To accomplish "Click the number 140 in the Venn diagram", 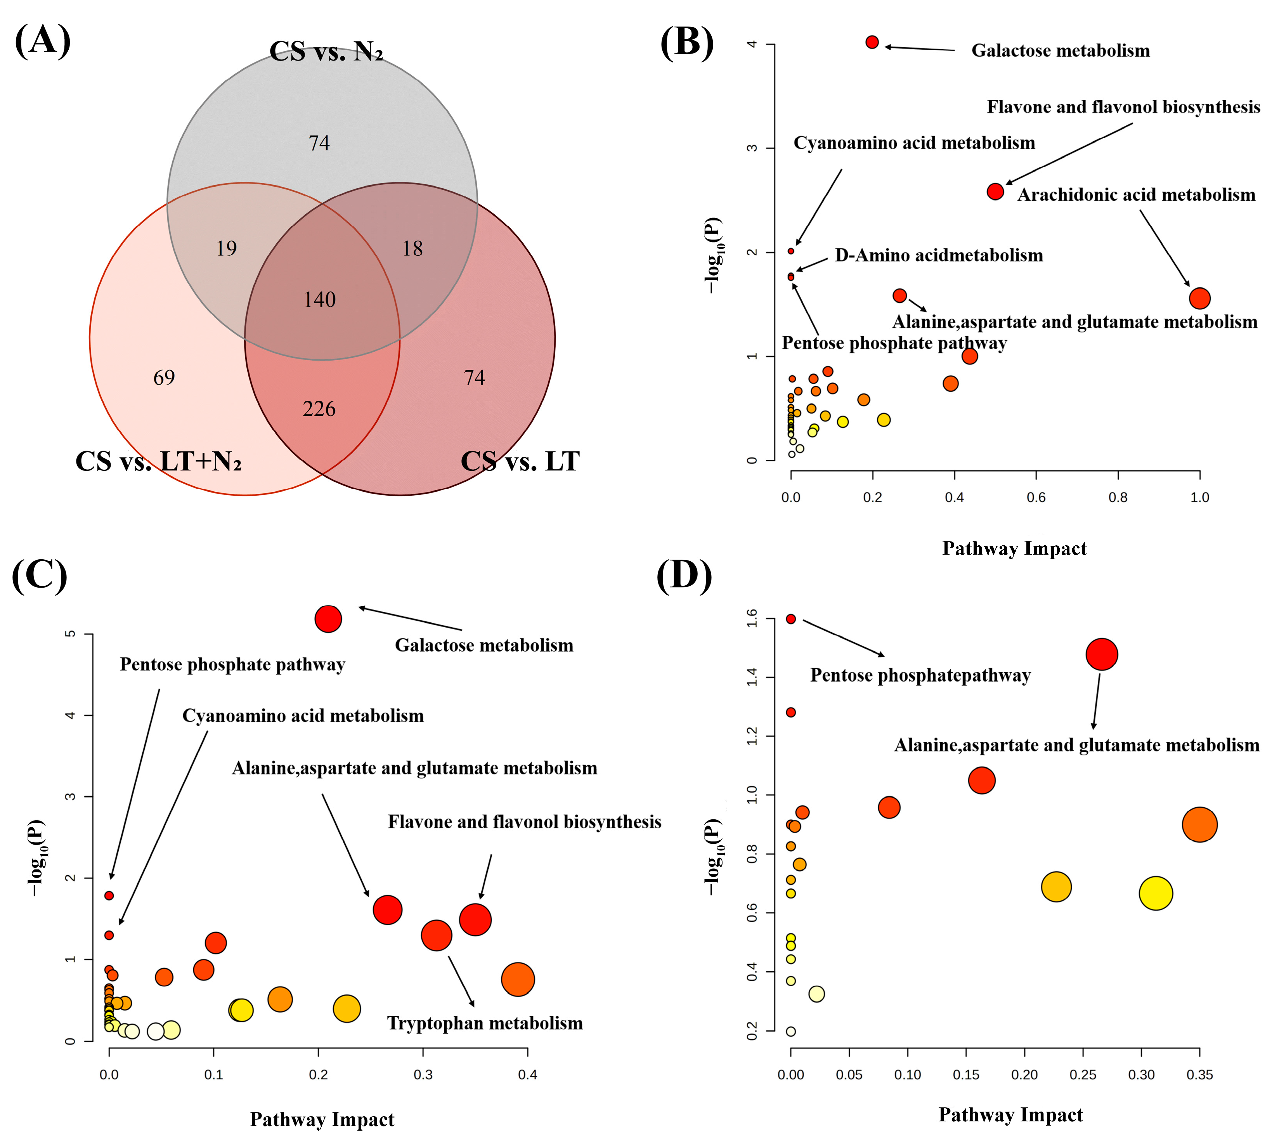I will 320,300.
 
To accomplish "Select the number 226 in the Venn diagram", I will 319,409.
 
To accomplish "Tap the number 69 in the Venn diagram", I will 164,378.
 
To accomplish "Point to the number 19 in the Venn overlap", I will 227,248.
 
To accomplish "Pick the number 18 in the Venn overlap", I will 412,248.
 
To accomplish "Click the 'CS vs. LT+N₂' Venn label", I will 159,461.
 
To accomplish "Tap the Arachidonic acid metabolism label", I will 1136,195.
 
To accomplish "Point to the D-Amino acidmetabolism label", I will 939,255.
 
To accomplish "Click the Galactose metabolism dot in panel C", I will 328,619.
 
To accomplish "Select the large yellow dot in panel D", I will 1156,893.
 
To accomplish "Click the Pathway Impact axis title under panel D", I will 1010,1115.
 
